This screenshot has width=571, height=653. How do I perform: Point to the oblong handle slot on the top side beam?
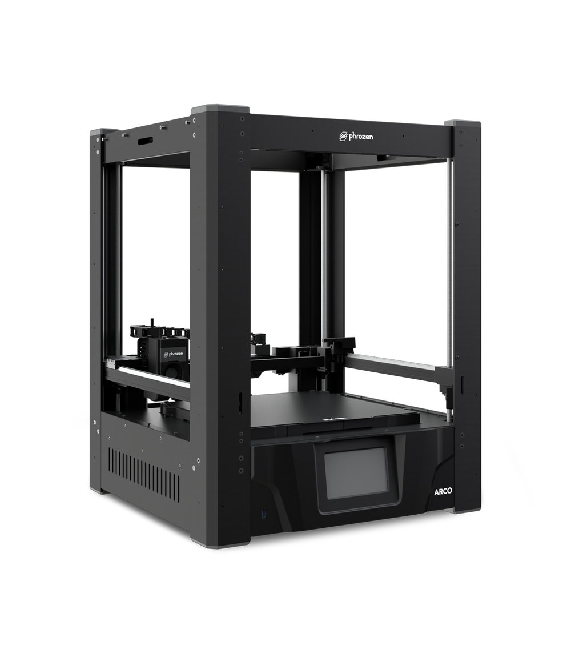click(x=144, y=140)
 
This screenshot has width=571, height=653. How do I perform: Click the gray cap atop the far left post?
click(x=95, y=131)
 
